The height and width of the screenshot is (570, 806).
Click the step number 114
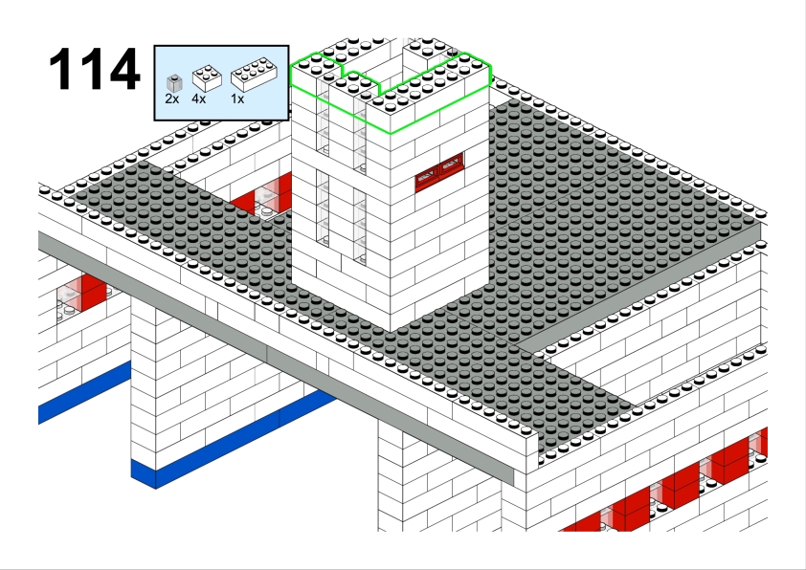point(95,69)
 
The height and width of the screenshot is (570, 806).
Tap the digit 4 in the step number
point(124,69)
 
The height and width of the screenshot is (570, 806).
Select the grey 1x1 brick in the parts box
point(174,83)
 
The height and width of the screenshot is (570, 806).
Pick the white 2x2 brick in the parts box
point(207,78)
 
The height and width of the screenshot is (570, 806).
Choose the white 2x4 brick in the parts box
point(254,75)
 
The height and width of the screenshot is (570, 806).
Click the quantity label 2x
point(172,99)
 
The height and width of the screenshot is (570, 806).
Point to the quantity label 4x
point(198,99)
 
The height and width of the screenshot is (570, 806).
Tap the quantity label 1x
point(237,99)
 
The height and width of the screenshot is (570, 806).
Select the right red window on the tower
point(451,165)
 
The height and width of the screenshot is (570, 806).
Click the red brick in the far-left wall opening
point(94,293)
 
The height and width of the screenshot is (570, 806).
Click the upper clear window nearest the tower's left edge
point(323,117)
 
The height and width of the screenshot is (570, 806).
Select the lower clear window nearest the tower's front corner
point(360,226)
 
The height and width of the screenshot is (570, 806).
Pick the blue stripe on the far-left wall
point(84,392)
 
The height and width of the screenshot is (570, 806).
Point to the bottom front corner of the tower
point(391,332)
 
